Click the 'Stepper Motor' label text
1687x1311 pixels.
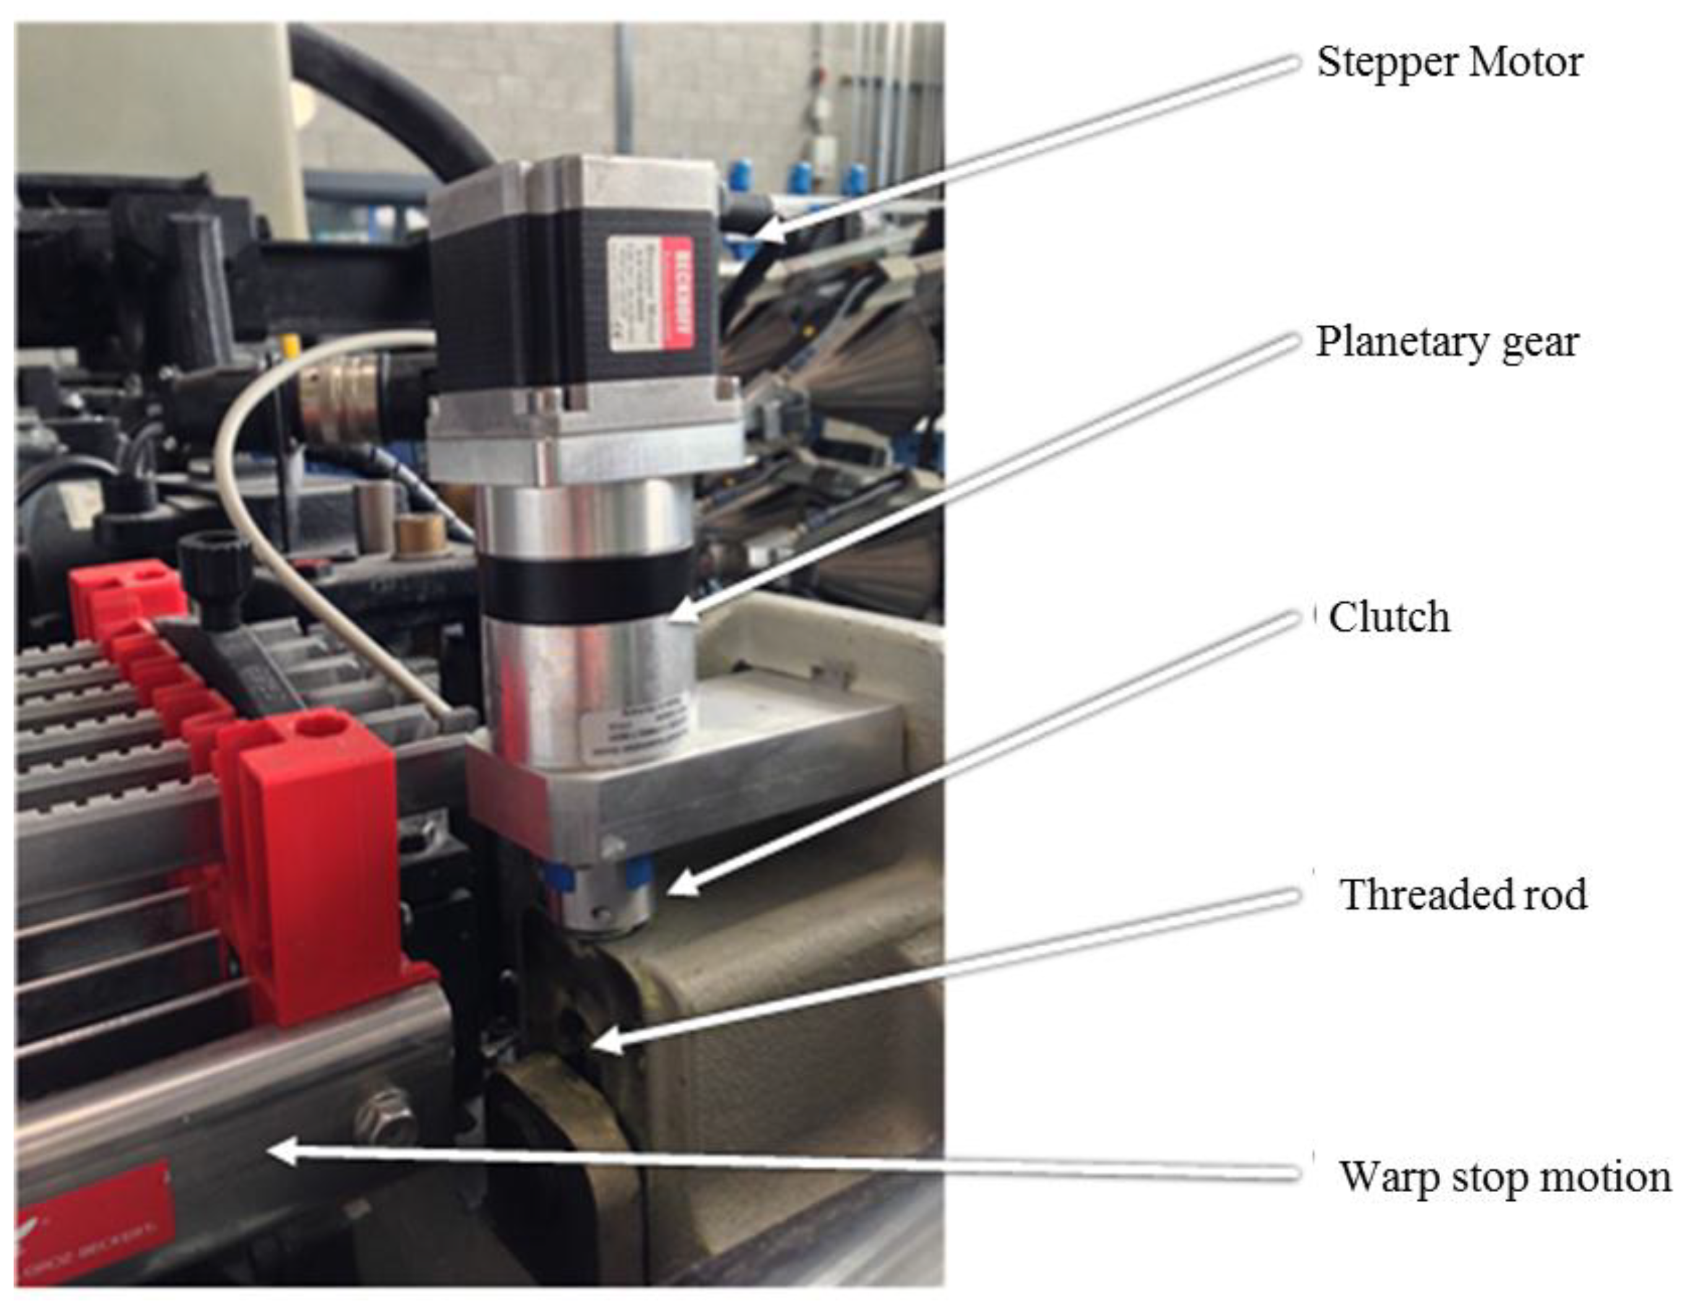(x=1449, y=62)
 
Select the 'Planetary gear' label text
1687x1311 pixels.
(x=1447, y=342)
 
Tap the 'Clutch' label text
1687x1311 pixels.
(x=1388, y=617)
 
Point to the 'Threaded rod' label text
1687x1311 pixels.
(x=1463, y=894)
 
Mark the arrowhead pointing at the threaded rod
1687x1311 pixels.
(x=606, y=1044)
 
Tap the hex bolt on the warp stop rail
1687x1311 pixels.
(x=386, y=1115)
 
